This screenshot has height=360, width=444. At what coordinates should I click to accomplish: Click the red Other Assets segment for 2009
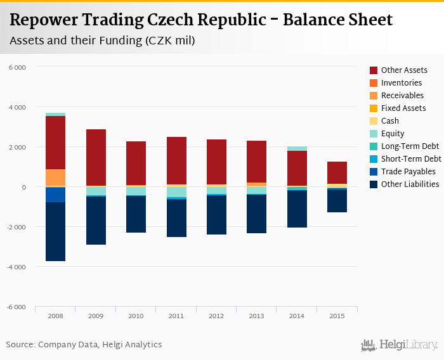96,157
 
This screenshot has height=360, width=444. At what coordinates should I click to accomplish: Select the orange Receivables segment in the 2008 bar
55,178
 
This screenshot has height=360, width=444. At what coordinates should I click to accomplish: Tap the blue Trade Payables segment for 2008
55,195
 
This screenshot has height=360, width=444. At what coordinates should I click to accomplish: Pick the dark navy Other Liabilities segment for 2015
337,200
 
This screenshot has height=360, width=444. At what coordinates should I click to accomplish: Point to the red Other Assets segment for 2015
337,172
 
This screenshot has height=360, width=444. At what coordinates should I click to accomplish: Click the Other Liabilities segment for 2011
176,218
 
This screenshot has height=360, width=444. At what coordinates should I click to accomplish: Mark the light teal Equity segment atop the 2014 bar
297,148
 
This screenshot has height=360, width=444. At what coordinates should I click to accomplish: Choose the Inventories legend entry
401,83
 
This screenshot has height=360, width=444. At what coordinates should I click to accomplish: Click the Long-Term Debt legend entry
409,146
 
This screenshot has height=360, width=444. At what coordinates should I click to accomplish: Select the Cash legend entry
389,121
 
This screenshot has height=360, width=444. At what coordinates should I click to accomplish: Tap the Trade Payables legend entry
408,172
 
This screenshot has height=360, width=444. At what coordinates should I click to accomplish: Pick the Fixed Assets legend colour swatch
374,108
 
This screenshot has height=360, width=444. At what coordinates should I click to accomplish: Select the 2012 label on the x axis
216,316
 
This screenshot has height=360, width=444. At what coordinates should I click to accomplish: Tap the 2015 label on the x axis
337,316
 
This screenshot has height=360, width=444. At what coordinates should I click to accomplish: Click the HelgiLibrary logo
399,345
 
